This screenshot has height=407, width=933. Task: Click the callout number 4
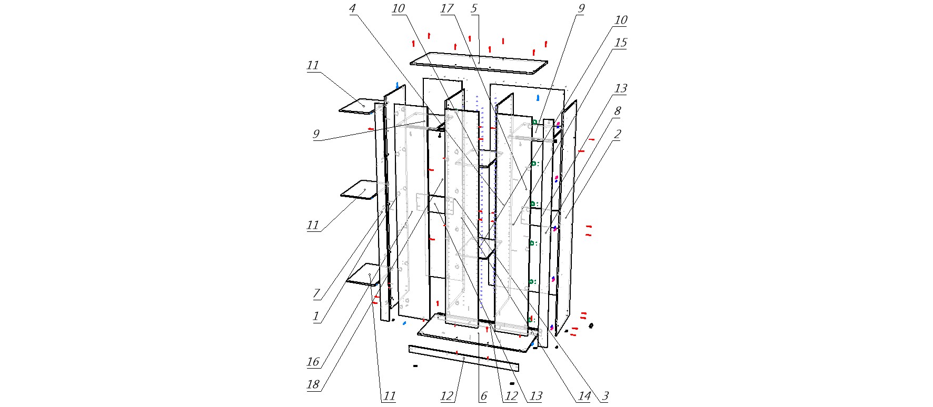point(353,8)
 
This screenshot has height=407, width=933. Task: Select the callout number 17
point(447,8)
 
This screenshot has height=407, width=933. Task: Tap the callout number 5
point(474,8)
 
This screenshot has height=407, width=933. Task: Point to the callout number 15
point(621,43)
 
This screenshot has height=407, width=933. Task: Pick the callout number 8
point(618,111)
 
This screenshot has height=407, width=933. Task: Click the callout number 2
point(618,135)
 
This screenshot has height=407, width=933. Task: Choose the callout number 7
point(316,293)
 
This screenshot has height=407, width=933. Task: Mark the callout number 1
point(316,317)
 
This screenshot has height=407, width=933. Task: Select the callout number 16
point(313,362)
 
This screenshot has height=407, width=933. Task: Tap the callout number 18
point(313,384)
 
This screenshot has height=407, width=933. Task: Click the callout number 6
point(483,396)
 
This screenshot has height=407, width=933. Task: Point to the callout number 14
point(583,396)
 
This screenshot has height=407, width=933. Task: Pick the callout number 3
point(606,396)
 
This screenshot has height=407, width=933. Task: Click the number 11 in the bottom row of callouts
point(389,396)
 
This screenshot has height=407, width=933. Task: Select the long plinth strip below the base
point(463,359)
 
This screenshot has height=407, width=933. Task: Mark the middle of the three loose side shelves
point(363,190)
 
